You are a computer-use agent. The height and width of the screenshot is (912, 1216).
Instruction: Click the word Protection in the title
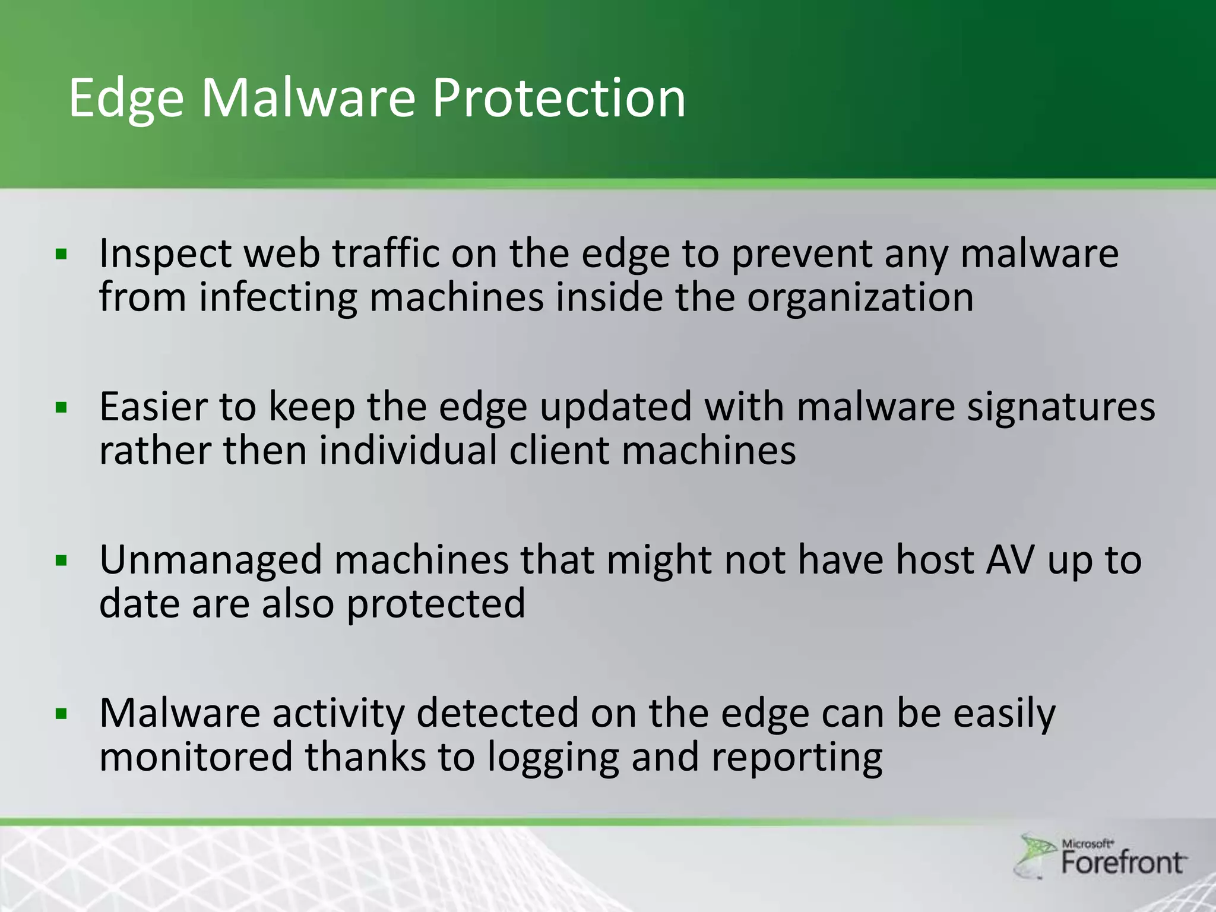[x=558, y=98]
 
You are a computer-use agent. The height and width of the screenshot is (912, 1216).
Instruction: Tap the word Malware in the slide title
[x=308, y=98]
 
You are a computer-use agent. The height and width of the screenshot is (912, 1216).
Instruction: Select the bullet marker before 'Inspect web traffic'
[x=61, y=255]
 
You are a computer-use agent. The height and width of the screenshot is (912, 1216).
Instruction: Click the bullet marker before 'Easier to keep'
[x=61, y=408]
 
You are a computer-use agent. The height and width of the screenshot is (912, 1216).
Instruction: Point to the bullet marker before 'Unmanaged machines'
[x=61, y=560]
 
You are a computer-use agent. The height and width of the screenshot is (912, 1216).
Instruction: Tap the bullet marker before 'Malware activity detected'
[x=61, y=714]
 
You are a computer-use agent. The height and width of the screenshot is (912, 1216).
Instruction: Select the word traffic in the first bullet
[x=385, y=254]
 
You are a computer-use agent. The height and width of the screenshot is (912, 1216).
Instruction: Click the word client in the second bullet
[x=559, y=451]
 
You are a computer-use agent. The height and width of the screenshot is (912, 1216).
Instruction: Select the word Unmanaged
[x=210, y=561]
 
